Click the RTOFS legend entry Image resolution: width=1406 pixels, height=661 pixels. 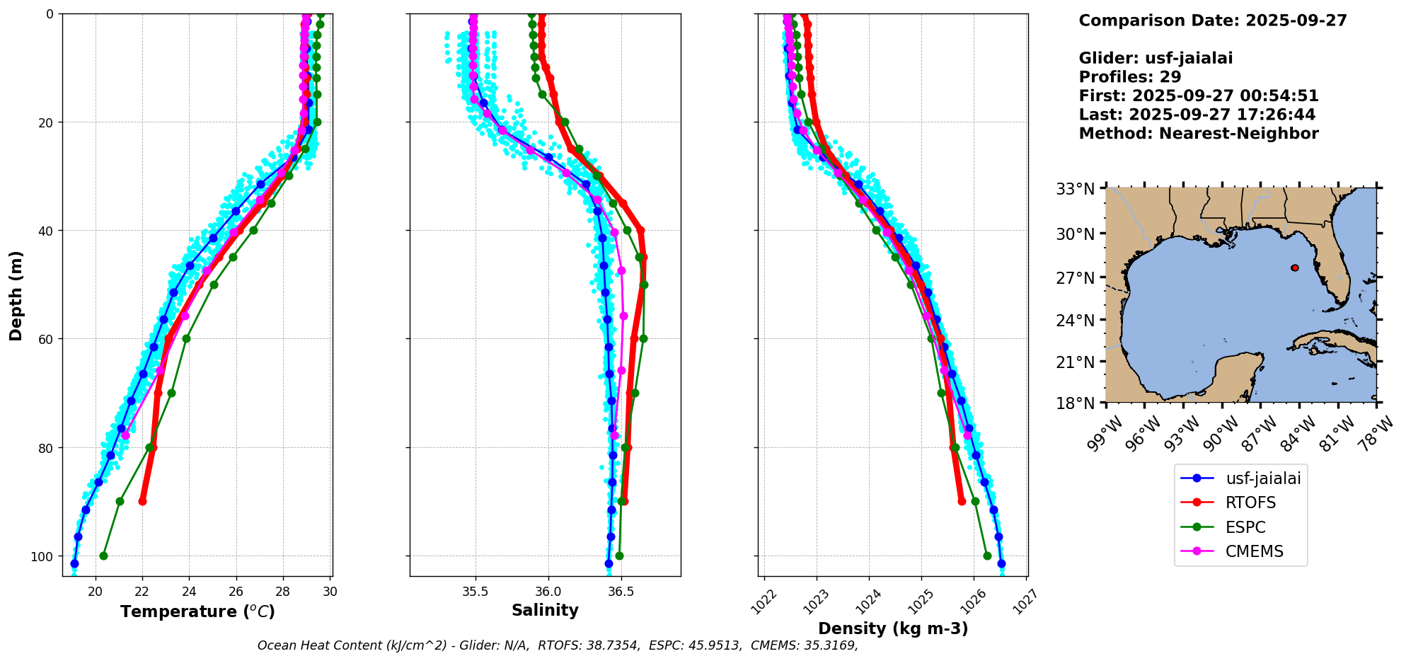click(x=1250, y=502)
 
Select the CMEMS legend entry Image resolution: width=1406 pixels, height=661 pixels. click(x=1254, y=551)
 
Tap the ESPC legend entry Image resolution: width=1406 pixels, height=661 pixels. click(x=1245, y=527)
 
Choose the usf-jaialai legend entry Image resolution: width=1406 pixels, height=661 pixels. click(x=1262, y=478)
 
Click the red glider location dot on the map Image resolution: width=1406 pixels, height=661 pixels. click(x=1295, y=268)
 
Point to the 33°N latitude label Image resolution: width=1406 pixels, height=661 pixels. click(x=1076, y=190)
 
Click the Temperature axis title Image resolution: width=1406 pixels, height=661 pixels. click(x=197, y=611)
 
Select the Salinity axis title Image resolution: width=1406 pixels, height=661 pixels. click(x=545, y=610)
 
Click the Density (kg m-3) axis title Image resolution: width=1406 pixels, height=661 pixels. click(x=893, y=628)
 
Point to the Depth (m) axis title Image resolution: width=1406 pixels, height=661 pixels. click(x=16, y=295)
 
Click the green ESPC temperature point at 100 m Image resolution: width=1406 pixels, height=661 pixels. click(x=103, y=556)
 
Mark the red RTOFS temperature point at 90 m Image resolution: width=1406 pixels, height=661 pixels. click(x=142, y=501)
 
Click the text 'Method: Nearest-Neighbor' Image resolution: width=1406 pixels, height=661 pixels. click(x=1198, y=134)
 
